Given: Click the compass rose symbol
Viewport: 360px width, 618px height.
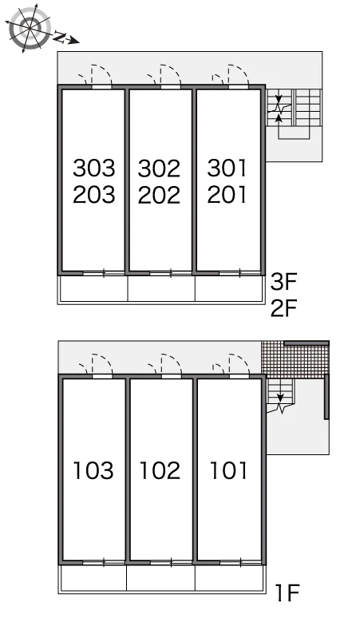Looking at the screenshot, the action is [x=30, y=28].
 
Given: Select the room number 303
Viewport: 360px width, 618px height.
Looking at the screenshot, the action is [x=93, y=168].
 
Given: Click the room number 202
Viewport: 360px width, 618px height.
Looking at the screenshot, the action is [x=159, y=195].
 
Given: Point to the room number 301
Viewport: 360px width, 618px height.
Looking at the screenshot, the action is [x=227, y=168].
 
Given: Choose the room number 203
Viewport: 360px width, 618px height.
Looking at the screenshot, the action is [x=93, y=195].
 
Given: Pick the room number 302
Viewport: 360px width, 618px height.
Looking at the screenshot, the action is [x=159, y=168].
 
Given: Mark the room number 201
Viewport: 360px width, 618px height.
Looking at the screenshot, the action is [x=227, y=195].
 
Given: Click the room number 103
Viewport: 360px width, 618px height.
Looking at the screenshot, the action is [x=93, y=470].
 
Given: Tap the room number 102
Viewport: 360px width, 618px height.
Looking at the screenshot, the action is [x=160, y=470].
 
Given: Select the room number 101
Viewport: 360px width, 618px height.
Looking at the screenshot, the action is [x=228, y=470].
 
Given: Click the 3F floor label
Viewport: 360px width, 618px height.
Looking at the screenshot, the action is [x=283, y=282].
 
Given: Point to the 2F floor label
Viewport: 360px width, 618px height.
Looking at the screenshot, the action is [x=283, y=308].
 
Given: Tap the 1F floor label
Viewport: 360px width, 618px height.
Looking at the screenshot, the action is [x=288, y=592].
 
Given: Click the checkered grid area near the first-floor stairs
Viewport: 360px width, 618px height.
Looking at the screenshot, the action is [x=295, y=360].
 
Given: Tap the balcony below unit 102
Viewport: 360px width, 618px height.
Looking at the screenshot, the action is [x=160, y=578].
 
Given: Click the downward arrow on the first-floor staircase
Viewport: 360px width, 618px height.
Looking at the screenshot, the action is [x=280, y=398].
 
